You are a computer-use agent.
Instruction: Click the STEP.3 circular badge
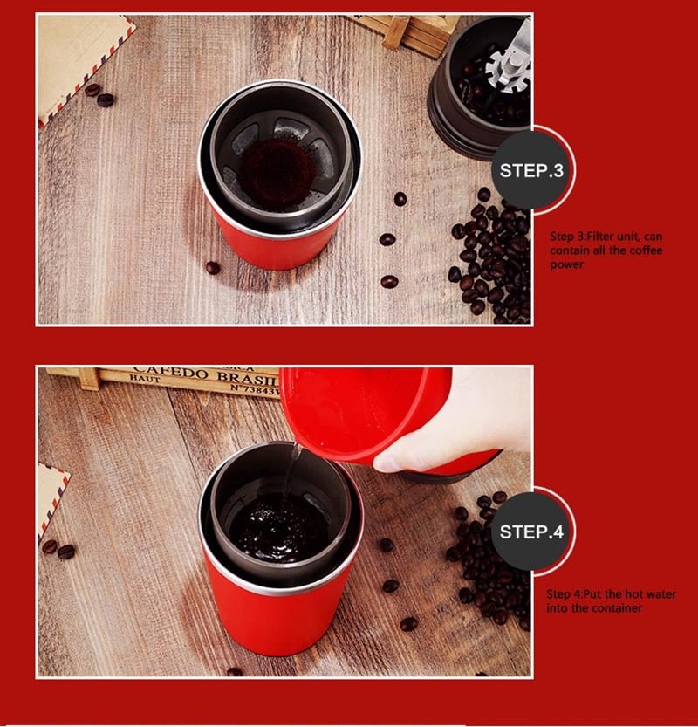pos(531,169)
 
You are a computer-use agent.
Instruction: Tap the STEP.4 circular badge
pos(531,531)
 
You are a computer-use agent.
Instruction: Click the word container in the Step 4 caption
pos(616,607)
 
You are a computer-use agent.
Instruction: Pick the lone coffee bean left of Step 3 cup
pos(213,267)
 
